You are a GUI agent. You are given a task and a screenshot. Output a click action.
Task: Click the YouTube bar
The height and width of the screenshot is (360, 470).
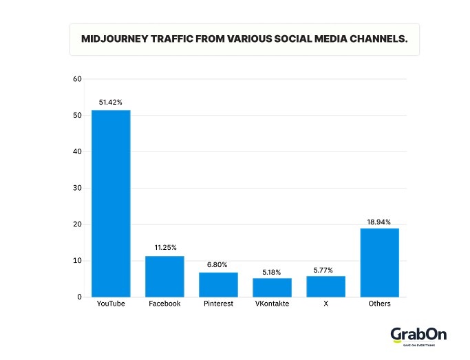click(111, 203)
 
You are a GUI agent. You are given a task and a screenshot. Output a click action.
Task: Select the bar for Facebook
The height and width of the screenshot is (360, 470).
click(164, 276)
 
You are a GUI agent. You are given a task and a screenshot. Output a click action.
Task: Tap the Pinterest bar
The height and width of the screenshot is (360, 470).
click(218, 284)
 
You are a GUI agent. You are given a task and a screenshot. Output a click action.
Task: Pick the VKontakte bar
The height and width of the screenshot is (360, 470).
click(272, 287)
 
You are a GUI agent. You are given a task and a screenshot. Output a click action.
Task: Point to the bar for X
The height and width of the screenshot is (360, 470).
click(325, 286)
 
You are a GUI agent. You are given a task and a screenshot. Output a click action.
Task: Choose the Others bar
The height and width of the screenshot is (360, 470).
click(379, 262)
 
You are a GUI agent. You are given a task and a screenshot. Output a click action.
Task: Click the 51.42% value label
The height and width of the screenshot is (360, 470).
click(111, 103)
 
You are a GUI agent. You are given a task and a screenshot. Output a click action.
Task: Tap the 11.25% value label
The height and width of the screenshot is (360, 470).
click(164, 248)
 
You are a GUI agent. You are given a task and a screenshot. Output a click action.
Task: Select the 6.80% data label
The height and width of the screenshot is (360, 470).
click(218, 264)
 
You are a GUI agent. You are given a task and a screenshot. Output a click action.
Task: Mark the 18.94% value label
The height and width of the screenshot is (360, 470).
click(379, 222)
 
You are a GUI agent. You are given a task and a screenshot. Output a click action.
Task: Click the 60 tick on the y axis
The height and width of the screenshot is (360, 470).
click(77, 79)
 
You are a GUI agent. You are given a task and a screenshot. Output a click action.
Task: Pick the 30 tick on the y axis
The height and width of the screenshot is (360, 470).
click(77, 188)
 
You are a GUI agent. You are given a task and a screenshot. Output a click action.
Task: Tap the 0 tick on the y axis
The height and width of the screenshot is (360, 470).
click(79, 297)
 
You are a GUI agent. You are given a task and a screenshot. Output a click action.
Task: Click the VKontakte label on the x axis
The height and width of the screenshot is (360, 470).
click(272, 304)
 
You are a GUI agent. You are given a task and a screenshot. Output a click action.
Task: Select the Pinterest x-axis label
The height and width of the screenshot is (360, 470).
click(218, 304)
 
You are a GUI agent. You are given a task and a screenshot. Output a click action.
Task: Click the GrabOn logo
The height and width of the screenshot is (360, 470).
click(418, 335)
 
